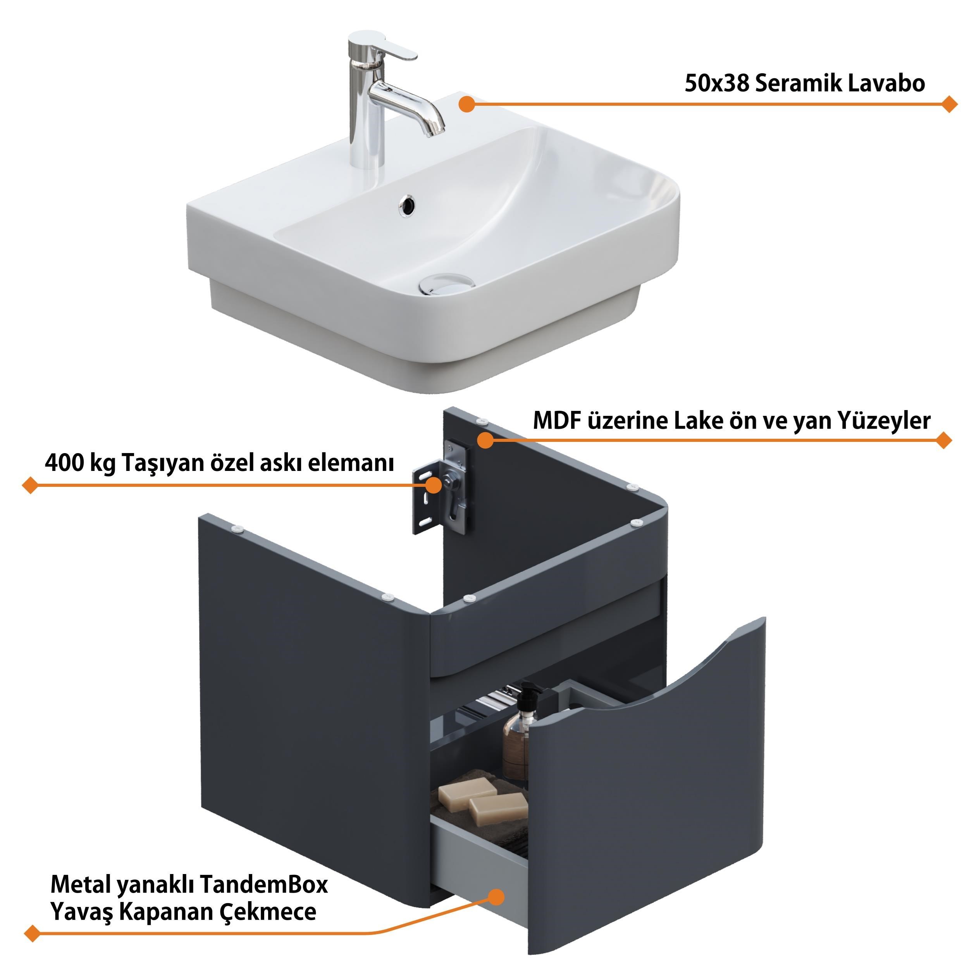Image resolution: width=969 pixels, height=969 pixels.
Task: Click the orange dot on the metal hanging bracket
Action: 433,485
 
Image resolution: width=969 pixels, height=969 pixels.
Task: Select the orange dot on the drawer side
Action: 496,897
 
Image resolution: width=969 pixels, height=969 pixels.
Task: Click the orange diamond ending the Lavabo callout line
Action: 948,104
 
